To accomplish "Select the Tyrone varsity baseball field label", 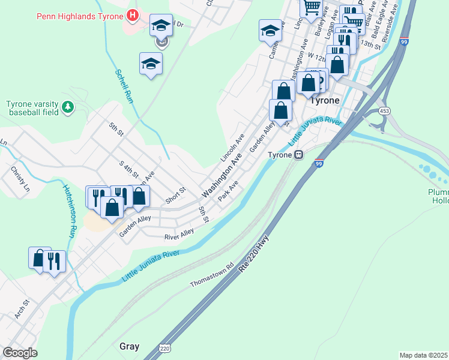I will pos(32,107).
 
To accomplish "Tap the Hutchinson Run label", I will pos(69,210).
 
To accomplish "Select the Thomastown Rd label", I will pos(211,274).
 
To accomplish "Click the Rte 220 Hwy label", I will pos(255,254).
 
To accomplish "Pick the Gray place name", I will pos(129,346).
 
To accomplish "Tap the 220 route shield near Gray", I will pos(165,347).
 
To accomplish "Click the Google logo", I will pos(20,353).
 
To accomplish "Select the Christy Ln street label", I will pos(20,178).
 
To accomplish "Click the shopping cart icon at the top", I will pos(312,8).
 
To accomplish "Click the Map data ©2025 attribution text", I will pos(424,355).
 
